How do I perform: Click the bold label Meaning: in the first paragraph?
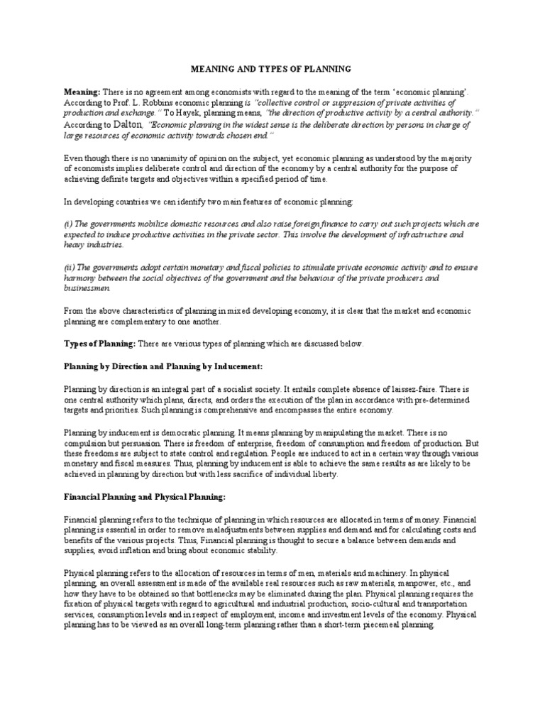(x=82, y=93)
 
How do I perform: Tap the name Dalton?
(x=128, y=124)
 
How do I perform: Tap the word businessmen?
(x=87, y=288)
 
